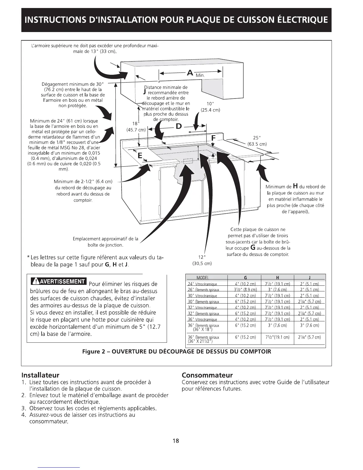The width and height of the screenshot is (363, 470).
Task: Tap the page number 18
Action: (x=176, y=441)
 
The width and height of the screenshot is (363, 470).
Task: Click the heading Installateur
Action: (x=41, y=375)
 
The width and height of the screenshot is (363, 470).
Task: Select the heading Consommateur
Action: (x=207, y=375)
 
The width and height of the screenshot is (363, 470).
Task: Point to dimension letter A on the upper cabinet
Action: (x=190, y=72)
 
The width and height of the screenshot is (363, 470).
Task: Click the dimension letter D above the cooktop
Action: (x=179, y=126)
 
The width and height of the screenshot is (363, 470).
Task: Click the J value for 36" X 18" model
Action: (x=309, y=325)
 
